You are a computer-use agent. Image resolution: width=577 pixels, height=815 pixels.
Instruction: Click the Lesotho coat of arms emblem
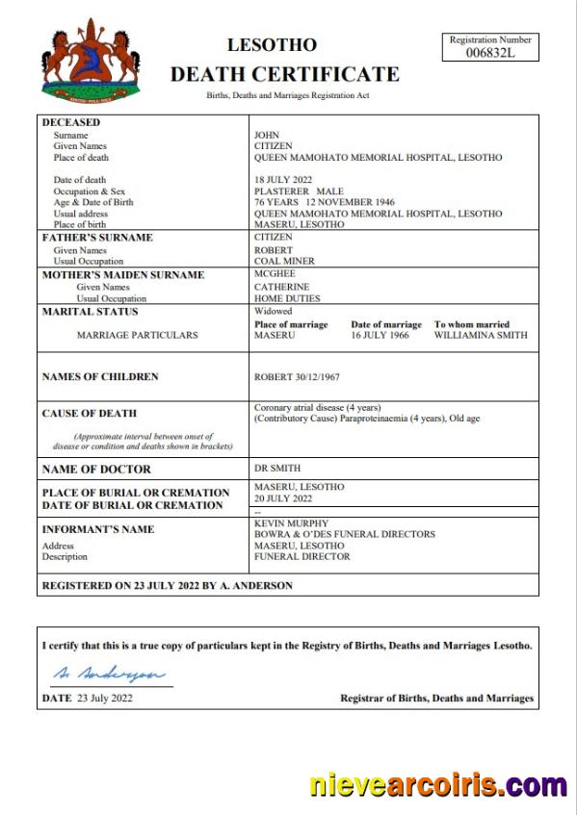tap(91, 60)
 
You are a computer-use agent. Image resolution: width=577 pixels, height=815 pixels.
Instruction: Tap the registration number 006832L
tap(489, 53)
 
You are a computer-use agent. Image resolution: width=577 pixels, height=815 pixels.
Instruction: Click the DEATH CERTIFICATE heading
tap(284, 74)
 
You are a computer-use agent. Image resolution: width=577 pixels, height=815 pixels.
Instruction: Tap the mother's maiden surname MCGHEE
tap(275, 274)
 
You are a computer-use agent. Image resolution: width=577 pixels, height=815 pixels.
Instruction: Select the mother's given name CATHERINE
tap(281, 287)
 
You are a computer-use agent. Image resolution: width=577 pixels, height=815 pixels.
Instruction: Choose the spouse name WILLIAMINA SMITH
tap(480, 336)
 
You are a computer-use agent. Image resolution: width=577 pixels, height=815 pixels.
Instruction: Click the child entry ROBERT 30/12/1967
tap(296, 377)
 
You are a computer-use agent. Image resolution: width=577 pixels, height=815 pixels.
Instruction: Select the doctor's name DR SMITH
tap(277, 469)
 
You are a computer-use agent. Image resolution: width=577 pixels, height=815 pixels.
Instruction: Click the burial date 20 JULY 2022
tap(283, 498)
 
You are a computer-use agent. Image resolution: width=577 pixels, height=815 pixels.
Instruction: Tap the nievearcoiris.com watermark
tap(438, 785)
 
